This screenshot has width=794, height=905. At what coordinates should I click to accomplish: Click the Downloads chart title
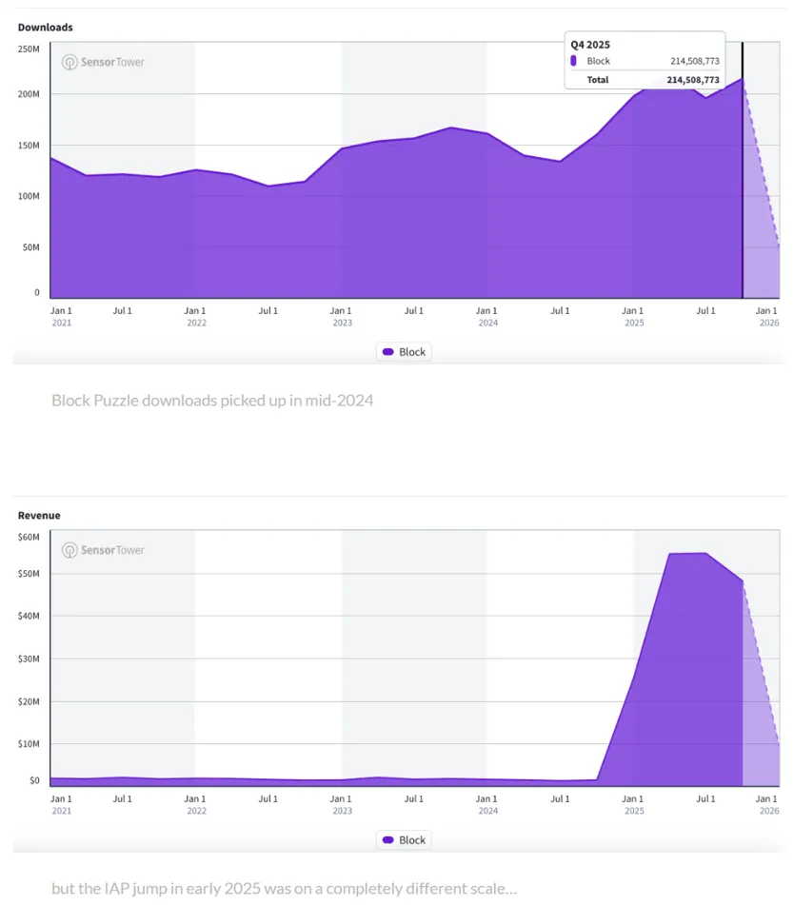pos(45,28)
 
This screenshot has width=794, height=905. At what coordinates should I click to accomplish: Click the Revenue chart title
pos(39,516)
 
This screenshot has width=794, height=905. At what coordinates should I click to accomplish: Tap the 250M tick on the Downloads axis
pos(29,49)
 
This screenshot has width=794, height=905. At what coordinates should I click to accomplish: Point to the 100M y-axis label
pos(29,196)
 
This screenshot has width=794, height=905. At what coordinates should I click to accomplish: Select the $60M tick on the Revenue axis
pos(29,538)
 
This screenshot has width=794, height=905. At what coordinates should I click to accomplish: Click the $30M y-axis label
pos(29,659)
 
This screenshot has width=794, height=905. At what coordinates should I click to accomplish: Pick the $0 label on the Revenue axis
pos(34,780)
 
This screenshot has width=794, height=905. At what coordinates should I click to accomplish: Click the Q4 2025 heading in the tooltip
pos(590,45)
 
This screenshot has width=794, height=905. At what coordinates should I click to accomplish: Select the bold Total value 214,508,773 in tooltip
pos(693,80)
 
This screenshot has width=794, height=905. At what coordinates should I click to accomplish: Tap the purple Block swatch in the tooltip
pos(573,61)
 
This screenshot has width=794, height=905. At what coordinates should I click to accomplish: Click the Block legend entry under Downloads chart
pos(404,352)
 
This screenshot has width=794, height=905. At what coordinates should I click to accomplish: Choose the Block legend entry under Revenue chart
pos(404,840)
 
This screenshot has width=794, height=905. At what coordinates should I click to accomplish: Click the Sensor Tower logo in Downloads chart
pos(103,62)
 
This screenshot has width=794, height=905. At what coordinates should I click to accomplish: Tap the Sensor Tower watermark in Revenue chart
pos(103,550)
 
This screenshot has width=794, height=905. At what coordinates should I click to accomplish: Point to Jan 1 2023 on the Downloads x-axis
pos(341,316)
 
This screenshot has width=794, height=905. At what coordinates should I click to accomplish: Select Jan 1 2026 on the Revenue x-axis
pos(768,804)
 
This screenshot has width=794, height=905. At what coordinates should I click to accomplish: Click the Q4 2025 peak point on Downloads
pos(743,78)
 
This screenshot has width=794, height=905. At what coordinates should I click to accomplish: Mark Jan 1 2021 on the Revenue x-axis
pos(61,804)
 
